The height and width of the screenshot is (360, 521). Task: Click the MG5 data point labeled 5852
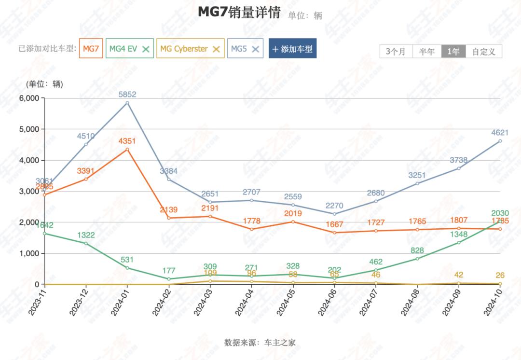pyautogui.click(x=127, y=103)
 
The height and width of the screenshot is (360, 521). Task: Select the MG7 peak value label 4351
pyautogui.click(x=127, y=141)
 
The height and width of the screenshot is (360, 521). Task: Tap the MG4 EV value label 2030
pyautogui.click(x=500, y=213)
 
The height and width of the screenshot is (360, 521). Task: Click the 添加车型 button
pyautogui.click(x=292, y=49)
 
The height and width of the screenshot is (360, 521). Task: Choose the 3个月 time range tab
pyautogui.click(x=396, y=52)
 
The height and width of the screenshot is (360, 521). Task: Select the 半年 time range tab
pyautogui.click(x=427, y=52)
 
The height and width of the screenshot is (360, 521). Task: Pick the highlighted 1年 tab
pyautogui.click(x=453, y=52)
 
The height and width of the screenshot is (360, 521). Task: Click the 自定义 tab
pyautogui.click(x=484, y=52)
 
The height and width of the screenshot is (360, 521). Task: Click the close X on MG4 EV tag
pyautogui.click(x=146, y=49)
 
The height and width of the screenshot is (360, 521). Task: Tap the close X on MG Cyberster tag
pyautogui.click(x=217, y=49)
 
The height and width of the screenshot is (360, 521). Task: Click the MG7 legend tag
pyautogui.click(x=91, y=49)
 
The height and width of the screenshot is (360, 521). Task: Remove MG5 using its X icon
pyautogui.click(x=255, y=49)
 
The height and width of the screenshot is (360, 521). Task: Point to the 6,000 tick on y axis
pyautogui.click(x=28, y=98)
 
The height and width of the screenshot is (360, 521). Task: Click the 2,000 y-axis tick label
pyautogui.click(x=28, y=222)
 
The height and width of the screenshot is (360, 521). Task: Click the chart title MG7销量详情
pyautogui.click(x=239, y=13)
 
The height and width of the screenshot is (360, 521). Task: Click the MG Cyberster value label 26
pyautogui.click(x=500, y=276)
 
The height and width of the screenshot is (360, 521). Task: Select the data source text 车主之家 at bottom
pyautogui.click(x=280, y=343)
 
